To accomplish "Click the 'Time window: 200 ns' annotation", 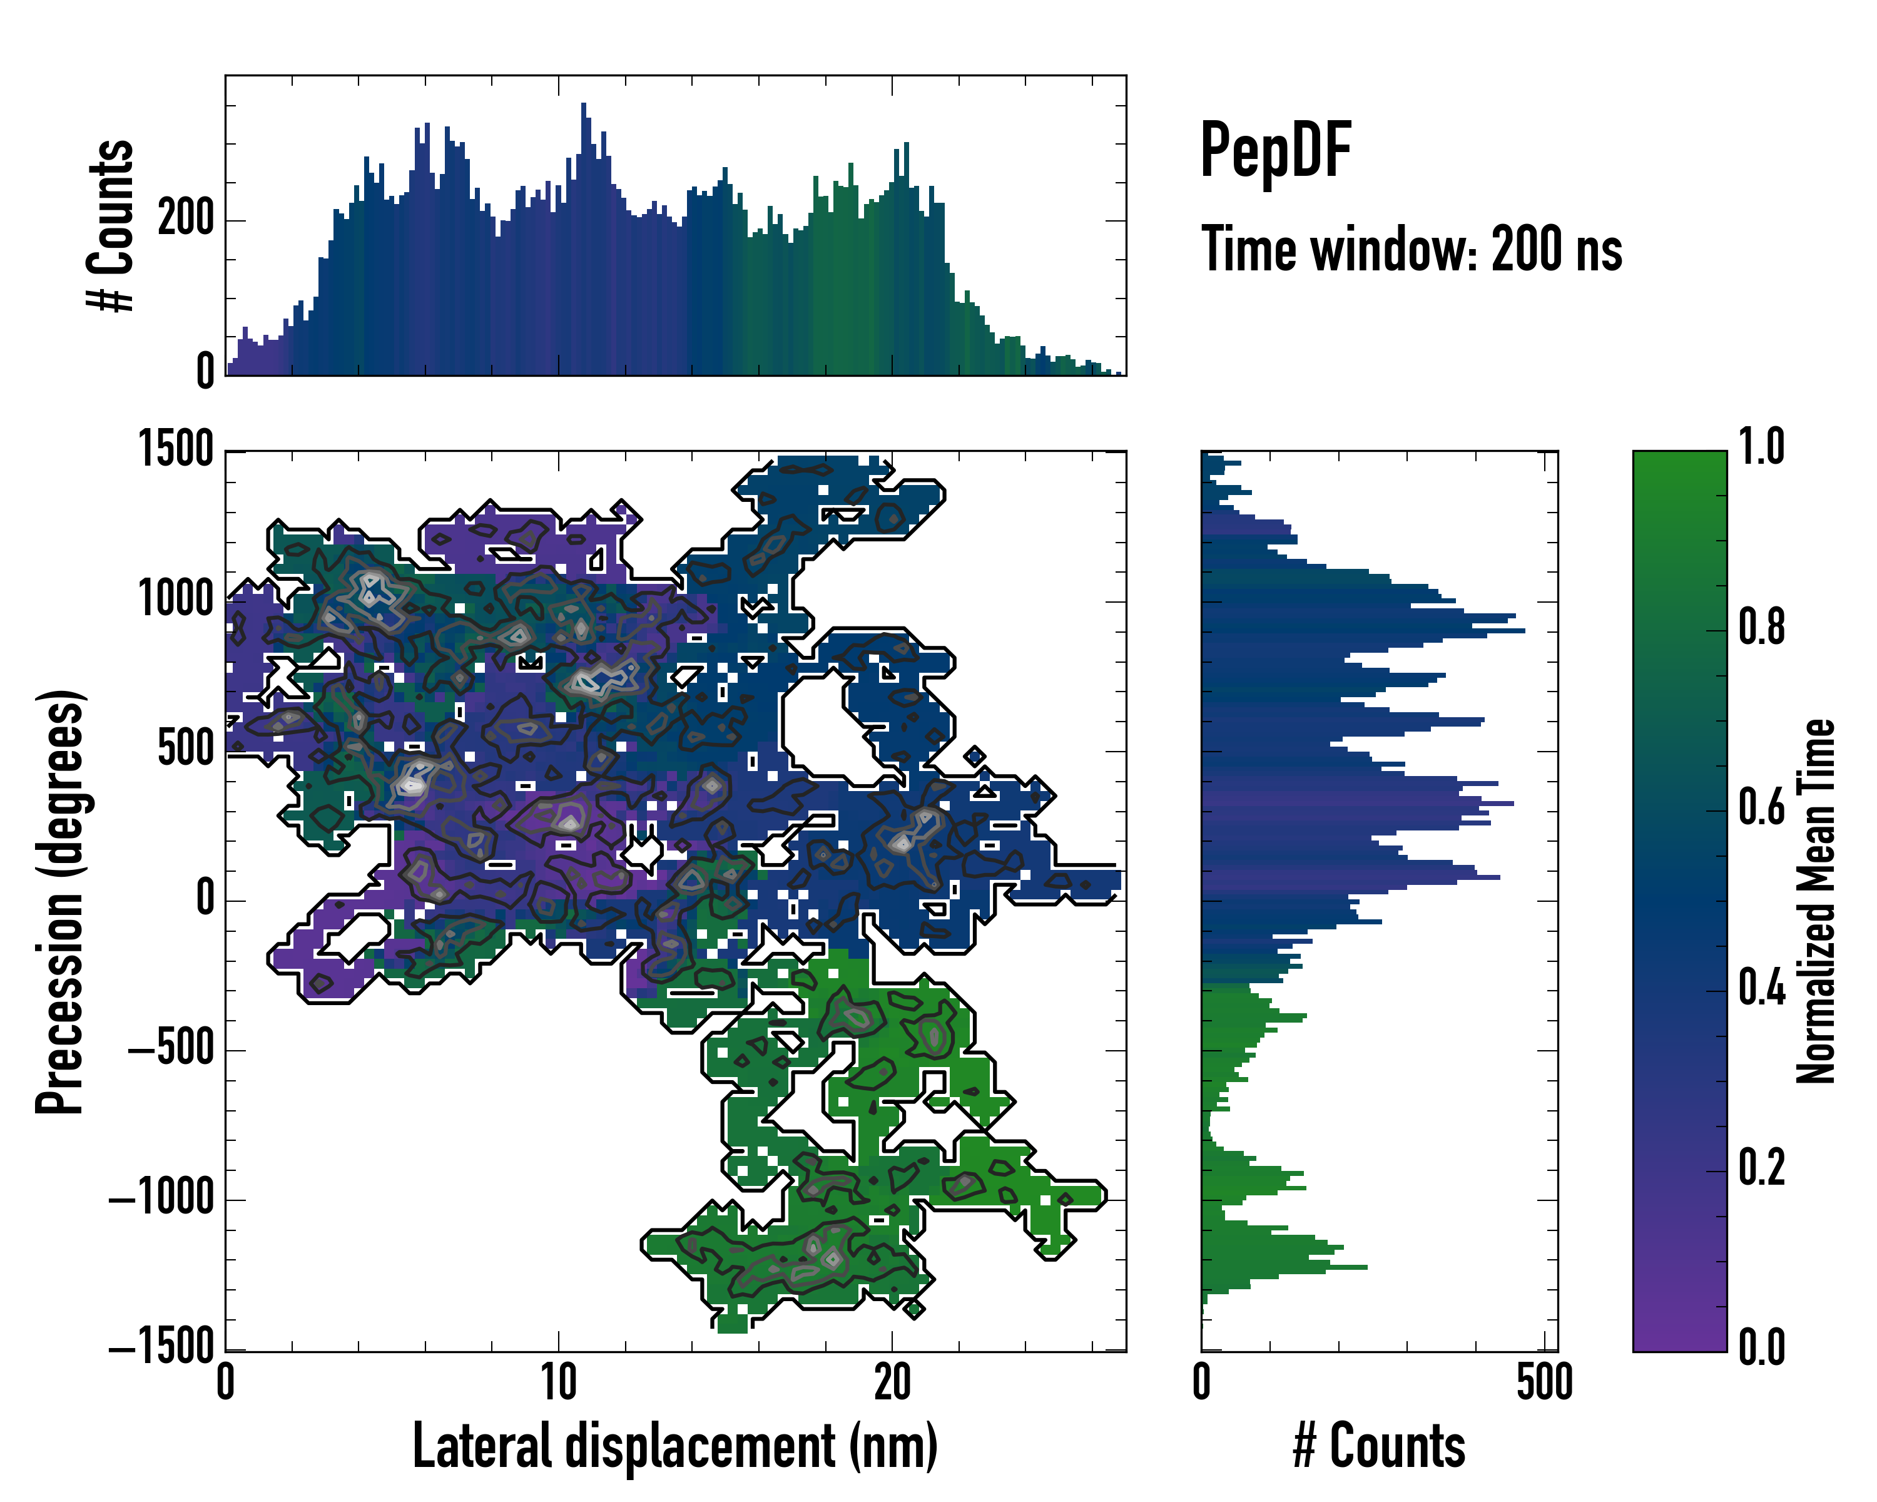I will click(1412, 250).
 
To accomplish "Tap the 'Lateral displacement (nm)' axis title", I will click(674, 1446).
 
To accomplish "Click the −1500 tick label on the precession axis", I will click(162, 1347).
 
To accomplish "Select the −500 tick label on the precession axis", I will click(171, 1050).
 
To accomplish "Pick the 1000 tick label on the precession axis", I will click(176, 600).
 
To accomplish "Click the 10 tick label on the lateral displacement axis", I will click(558, 1382).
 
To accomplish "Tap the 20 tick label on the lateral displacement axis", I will click(892, 1382).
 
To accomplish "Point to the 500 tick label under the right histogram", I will click(1544, 1382).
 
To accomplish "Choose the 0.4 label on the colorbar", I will click(1761, 988).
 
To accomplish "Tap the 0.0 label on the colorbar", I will click(1761, 1346).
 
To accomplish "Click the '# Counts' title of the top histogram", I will click(111, 225).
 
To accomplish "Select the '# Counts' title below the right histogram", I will click(1378, 1446).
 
